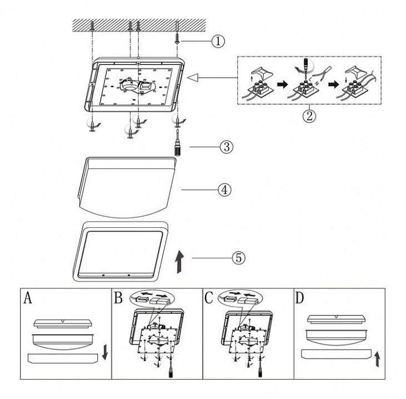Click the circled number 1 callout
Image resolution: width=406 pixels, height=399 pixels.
pyautogui.click(x=218, y=41)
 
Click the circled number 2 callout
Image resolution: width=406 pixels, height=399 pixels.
pyautogui.click(x=309, y=116)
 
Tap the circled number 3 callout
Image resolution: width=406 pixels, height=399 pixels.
pyautogui.click(x=227, y=147)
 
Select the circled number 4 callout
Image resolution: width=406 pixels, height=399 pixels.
pyautogui.click(x=224, y=190)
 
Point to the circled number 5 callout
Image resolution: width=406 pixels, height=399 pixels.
pyautogui.click(x=238, y=258)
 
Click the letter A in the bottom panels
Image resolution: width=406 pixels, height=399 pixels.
pyautogui.click(x=28, y=298)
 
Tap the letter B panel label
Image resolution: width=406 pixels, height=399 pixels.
pyautogui.click(x=118, y=298)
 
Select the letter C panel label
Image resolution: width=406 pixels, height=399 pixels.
pyautogui.click(x=209, y=298)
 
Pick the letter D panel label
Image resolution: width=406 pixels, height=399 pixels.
pyautogui.click(x=299, y=298)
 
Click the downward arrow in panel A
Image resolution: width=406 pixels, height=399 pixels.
pyautogui.click(x=105, y=352)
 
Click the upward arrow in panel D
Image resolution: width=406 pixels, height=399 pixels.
pyautogui.click(x=378, y=360)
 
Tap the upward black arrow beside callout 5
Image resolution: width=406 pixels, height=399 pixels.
pyautogui.click(x=180, y=262)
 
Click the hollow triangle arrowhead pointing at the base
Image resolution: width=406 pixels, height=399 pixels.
pyautogui.click(x=192, y=78)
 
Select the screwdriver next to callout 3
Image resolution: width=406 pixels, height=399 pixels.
pyautogui.click(x=177, y=143)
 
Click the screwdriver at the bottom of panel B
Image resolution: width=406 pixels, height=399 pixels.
pyautogui.click(x=171, y=370)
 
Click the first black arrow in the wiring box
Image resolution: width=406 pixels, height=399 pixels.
pyautogui.click(x=283, y=84)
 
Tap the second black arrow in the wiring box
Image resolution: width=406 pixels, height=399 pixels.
pyautogui.click(x=333, y=84)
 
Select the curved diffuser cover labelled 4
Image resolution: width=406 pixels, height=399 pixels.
pyautogui.click(x=127, y=187)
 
